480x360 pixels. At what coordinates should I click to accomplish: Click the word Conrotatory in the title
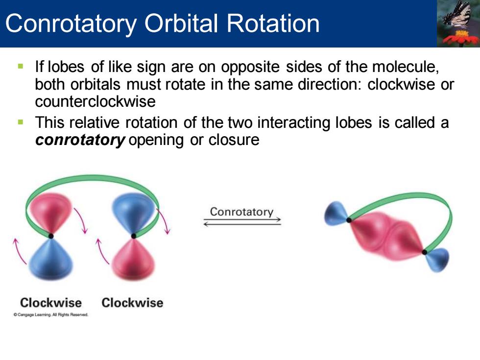[71, 24]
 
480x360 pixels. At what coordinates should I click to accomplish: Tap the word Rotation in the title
[273, 24]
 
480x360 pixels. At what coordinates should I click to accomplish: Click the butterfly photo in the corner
[458, 24]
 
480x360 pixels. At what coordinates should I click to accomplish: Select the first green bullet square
[21, 66]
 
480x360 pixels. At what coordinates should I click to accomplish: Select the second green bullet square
[21, 122]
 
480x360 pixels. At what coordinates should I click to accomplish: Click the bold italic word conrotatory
[80, 140]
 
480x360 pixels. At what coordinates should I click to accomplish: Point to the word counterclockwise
[95, 101]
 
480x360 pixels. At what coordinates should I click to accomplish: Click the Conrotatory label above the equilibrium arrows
[241, 212]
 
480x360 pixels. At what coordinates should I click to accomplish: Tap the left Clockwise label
[51, 303]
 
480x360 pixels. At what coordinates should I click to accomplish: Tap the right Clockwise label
[132, 303]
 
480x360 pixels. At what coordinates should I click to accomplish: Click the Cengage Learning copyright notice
[51, 314]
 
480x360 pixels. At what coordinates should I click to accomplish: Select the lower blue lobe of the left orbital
[51, 259]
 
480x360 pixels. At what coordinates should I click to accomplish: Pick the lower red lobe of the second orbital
[133, 259]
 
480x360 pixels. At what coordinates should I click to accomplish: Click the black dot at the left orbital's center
[51, 236]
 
